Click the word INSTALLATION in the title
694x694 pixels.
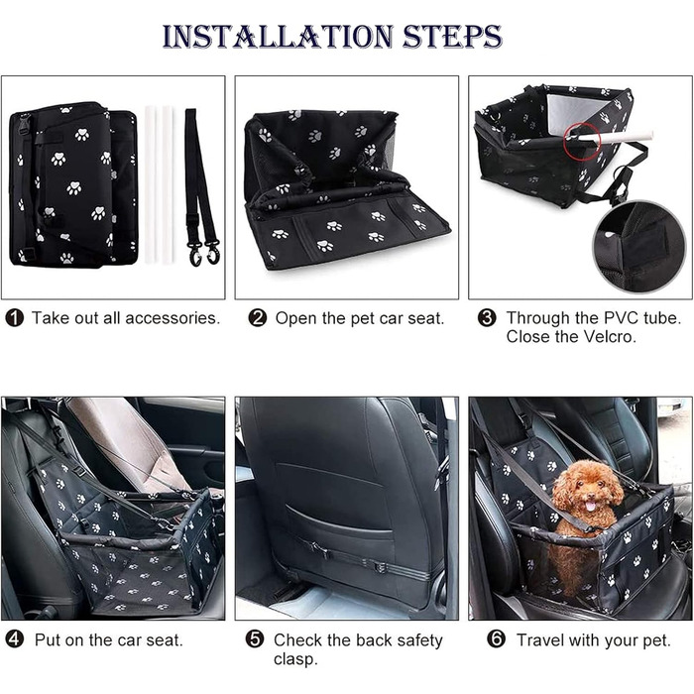[278, 36]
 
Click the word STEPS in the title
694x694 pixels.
[452, 36]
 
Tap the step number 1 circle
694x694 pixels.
[14, 318]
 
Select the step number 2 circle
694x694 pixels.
[257, 318]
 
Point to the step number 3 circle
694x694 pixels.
[487, 318]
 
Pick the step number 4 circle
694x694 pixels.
[14, 640]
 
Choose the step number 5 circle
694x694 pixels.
[255, 640]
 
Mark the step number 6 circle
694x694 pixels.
[496, 640]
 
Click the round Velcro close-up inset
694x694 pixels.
[639, 248]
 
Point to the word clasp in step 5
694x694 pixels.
[294, 659]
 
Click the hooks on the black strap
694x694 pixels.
[204, 254]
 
